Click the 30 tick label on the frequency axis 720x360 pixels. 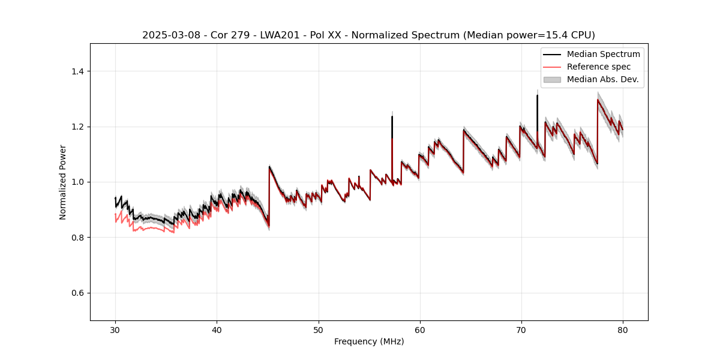[115, 329]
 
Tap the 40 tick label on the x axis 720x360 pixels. [217, 329]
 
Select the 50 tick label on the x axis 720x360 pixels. [318, 329]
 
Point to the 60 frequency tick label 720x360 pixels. [419, 329]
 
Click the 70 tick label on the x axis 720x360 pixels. [521, 329]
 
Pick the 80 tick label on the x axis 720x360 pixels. [622, 329]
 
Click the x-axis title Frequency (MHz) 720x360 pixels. [369, 341]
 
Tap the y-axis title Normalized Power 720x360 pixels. [63, 182]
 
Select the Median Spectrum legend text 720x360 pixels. [603, 54]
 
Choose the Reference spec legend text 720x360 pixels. [599, 67]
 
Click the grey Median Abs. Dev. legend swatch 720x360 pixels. [552, 79]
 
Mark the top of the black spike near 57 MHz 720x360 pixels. [392, 116]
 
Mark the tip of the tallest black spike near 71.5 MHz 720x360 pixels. [537, 95]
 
